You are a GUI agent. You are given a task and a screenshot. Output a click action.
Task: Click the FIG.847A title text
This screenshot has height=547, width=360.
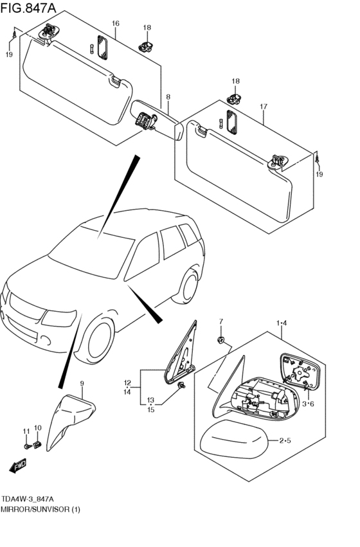pyautogui.click(x=28, y=8)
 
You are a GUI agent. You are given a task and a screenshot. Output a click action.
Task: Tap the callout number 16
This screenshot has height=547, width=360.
pyautogui.click(x=116, y=23)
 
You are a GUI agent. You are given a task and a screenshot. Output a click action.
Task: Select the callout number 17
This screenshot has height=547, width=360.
pyautogui.click(x=264, y=107)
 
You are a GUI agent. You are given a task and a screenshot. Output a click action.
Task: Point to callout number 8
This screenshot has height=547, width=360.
pyautogui.click(x=168, y=96)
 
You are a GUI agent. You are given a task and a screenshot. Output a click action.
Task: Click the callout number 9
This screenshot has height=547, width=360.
pyautogui.click(x=82, y=383)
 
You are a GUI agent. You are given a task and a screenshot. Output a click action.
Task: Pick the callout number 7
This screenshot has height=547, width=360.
pyautogui.click(x=221, y=321)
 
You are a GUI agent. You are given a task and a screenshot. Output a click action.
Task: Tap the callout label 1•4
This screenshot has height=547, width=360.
pyautogui.click(x=282, y=323)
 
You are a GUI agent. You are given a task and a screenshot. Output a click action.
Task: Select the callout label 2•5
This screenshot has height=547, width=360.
pyautogui.click(x=285, y=440)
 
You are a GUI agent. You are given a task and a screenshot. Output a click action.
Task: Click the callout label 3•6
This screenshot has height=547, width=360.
pyautogui.click(x=308, y=404)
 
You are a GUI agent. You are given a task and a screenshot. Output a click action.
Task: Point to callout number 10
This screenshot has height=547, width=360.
pyautogui.click(x=38, y=427)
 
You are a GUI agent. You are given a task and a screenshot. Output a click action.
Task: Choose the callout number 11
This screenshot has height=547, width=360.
pyautogui.click(x=26, y=431)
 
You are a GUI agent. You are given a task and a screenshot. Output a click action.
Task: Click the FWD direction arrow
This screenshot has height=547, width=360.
pyautogui.click(x=17, y=465)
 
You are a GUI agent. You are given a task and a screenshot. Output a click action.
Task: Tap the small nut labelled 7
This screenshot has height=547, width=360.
pyautogui.click(x=221, y=340)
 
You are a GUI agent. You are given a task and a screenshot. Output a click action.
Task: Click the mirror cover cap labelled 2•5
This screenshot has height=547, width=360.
pyautogui.click(x=234, y=439)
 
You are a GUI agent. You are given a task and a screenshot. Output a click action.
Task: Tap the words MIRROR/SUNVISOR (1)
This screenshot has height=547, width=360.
pyautogui.click(x=40, y=509)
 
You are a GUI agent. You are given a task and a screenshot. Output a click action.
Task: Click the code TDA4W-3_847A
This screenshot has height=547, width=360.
pyautogui.click(x=28, y=498)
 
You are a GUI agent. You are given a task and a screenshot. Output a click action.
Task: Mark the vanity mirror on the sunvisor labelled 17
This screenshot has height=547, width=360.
pyautogui.click(x=231, y=121)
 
